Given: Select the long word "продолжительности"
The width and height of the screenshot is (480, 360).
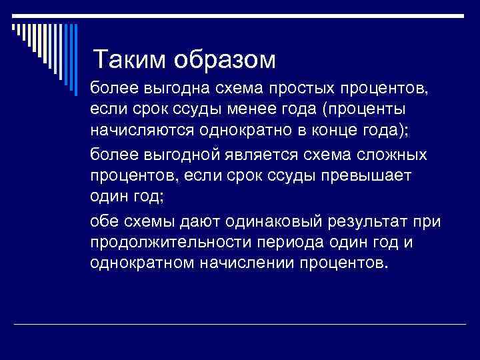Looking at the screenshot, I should click(x=169, y=242).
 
